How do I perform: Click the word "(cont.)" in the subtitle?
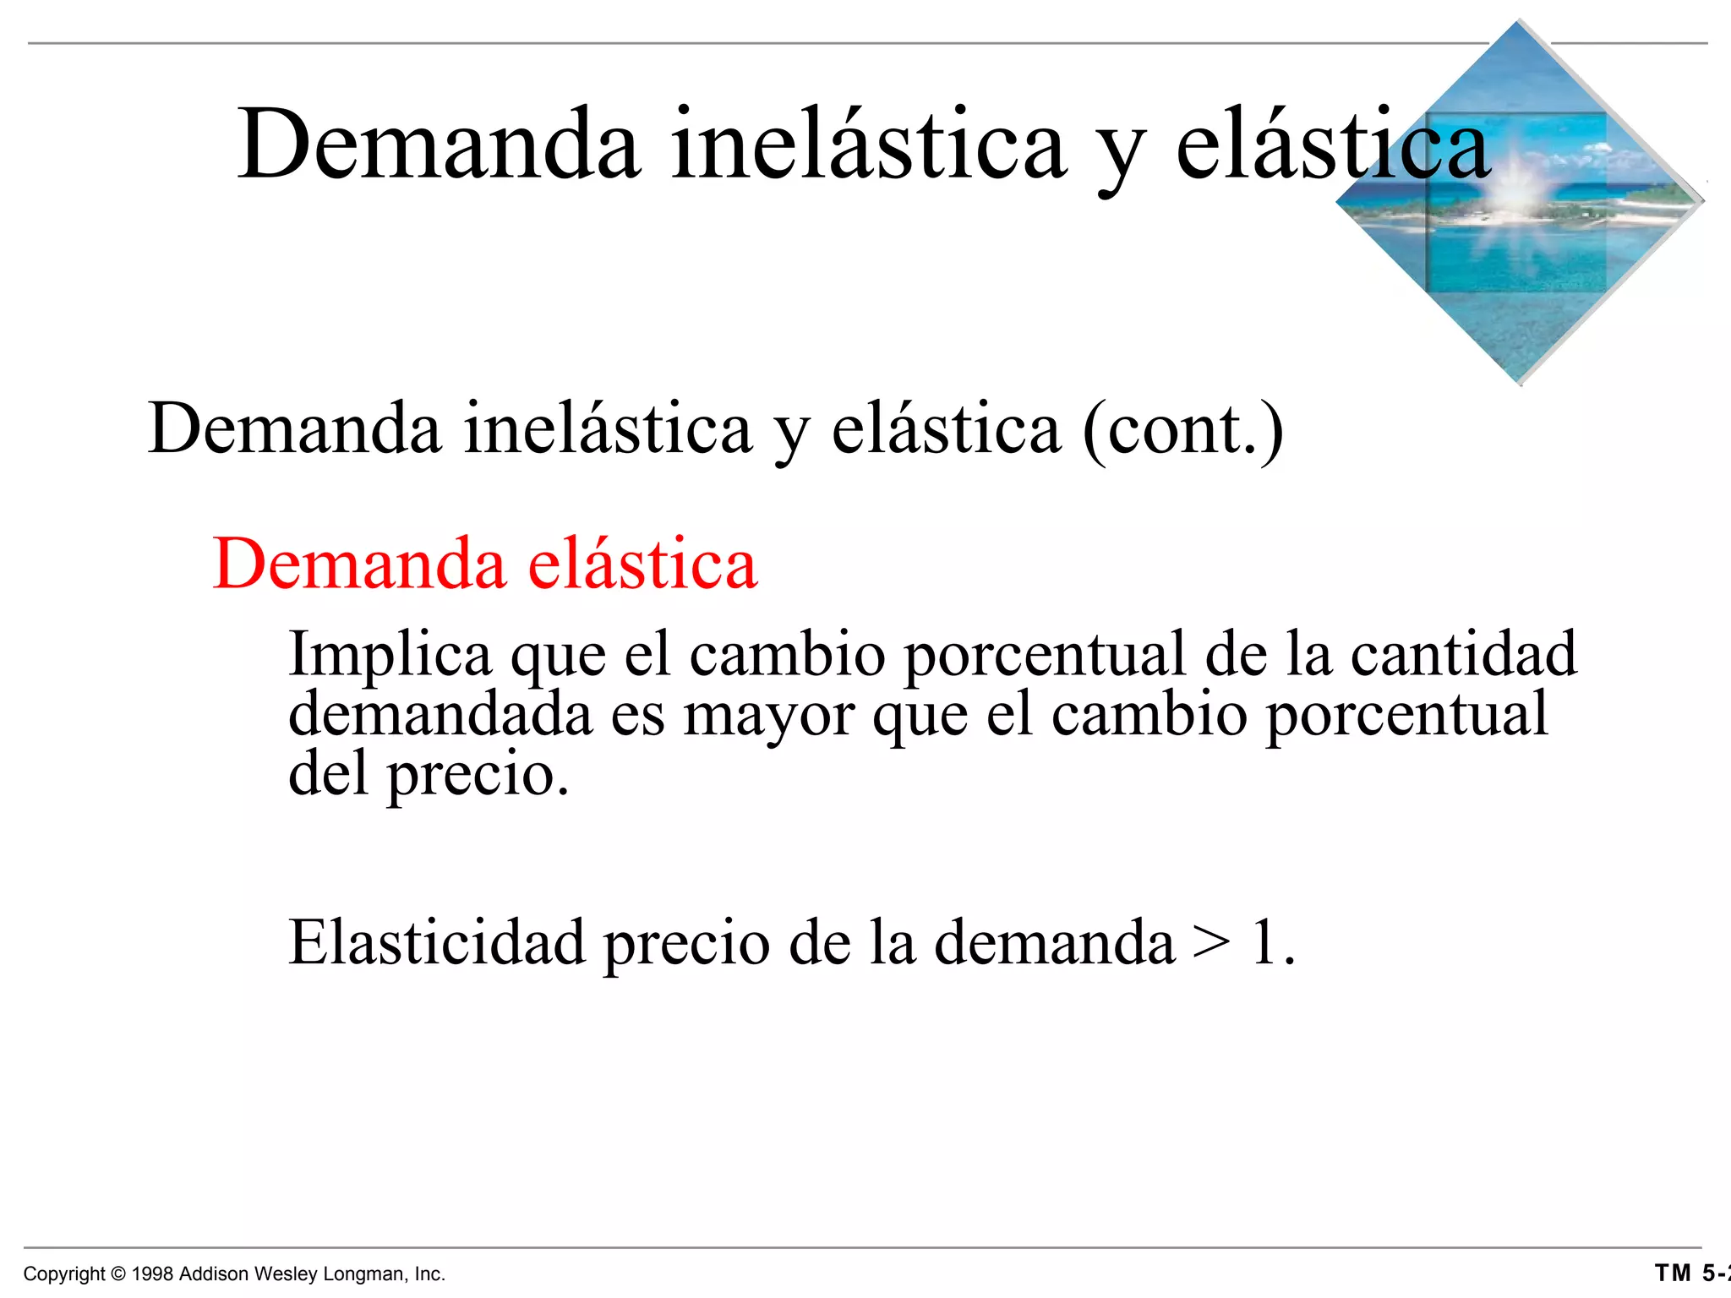click(x=1183, y=431)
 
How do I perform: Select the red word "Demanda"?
click(x=359, y=564)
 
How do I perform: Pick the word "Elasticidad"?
click(x=436, y=942)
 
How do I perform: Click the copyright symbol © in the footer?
click(x=118, y=1274)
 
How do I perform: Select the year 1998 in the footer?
click(x=153, y=1274)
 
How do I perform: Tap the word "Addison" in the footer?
click(x=214, y=1274)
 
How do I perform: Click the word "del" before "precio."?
click(x=328, y=773)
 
